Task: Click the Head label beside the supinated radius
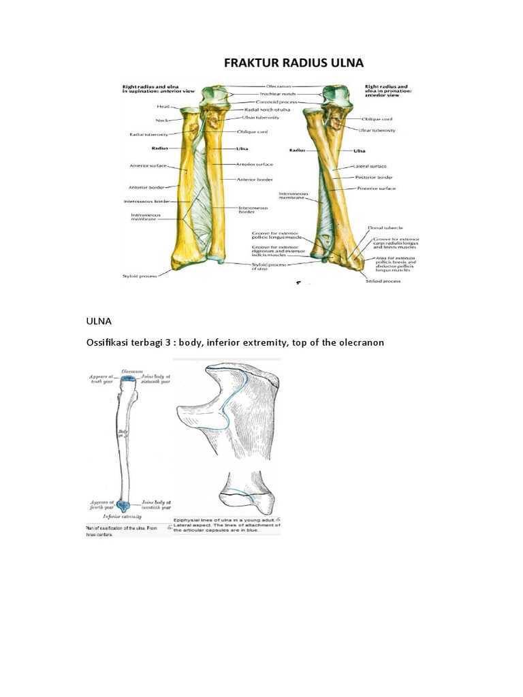tap(163, 107)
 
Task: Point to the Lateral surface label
tap(370, 167)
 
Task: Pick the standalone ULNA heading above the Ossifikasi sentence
tap(98, 320)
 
